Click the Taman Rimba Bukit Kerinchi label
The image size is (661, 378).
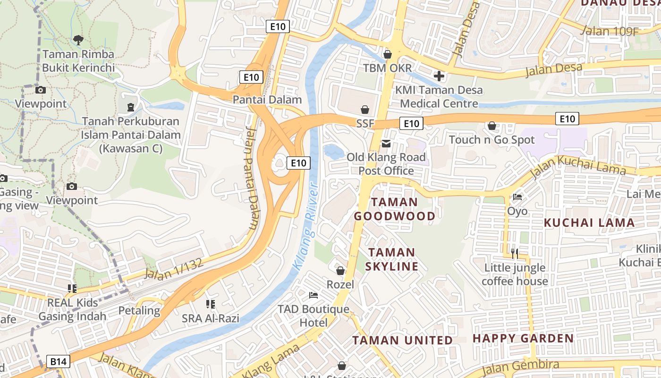[x=78, y=61]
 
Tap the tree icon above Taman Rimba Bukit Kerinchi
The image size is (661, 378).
[x=78, y=40]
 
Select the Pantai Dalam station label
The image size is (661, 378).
[x=267, y=100]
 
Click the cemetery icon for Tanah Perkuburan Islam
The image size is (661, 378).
[x=131, y=107]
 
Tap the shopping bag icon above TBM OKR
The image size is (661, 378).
[x=388, y=54]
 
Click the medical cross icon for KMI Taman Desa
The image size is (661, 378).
[x=439, y=76]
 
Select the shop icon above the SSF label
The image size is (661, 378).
[x=365, y=110]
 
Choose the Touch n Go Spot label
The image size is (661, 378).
[x=492, y=140]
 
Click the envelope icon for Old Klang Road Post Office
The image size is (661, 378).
[x=386, y=143]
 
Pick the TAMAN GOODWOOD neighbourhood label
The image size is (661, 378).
[x=395, y=209]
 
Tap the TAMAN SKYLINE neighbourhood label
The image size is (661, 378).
[x=392, y=259]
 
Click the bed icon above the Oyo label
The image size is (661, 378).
[x=517, y=197]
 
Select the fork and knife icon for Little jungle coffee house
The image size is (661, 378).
[x=515, y=254]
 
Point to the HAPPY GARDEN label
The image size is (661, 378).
[x=523, y=338]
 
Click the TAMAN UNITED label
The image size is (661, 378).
[x=403, y=340]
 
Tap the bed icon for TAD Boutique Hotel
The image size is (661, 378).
[x=314, y=295]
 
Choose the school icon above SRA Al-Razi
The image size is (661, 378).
[x=211, y=304]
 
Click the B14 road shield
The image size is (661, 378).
[x=59, y=362]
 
